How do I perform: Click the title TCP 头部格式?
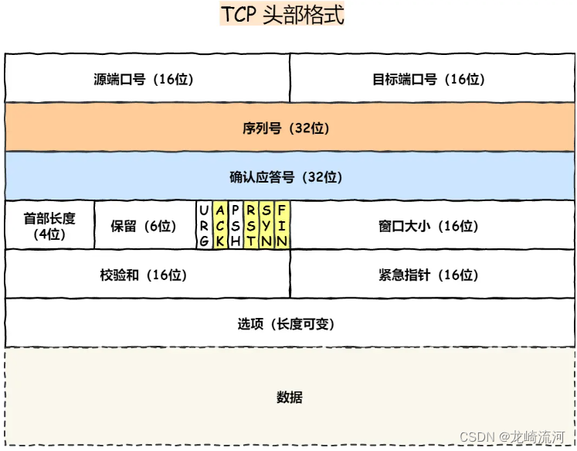click(282, 15)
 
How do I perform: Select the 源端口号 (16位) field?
click(147, 79)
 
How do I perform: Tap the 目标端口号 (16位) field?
click(432, 79)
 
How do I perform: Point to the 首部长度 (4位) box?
click(49, 226)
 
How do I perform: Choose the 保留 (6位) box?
click(144, 226)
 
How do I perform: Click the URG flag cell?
click(203, 225)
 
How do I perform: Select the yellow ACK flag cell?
click(220, 225)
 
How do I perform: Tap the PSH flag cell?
click(236, 225)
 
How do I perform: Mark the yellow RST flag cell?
click(251, 225)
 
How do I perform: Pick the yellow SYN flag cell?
click(266, 225)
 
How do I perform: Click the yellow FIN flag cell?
click(282, 225)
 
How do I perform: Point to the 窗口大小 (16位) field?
click(432, 226)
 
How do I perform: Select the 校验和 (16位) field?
click(147, 275)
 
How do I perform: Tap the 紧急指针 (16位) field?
click(432, 275)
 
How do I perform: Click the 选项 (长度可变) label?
click(286, 324)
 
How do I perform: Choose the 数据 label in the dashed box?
click(289, 398)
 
